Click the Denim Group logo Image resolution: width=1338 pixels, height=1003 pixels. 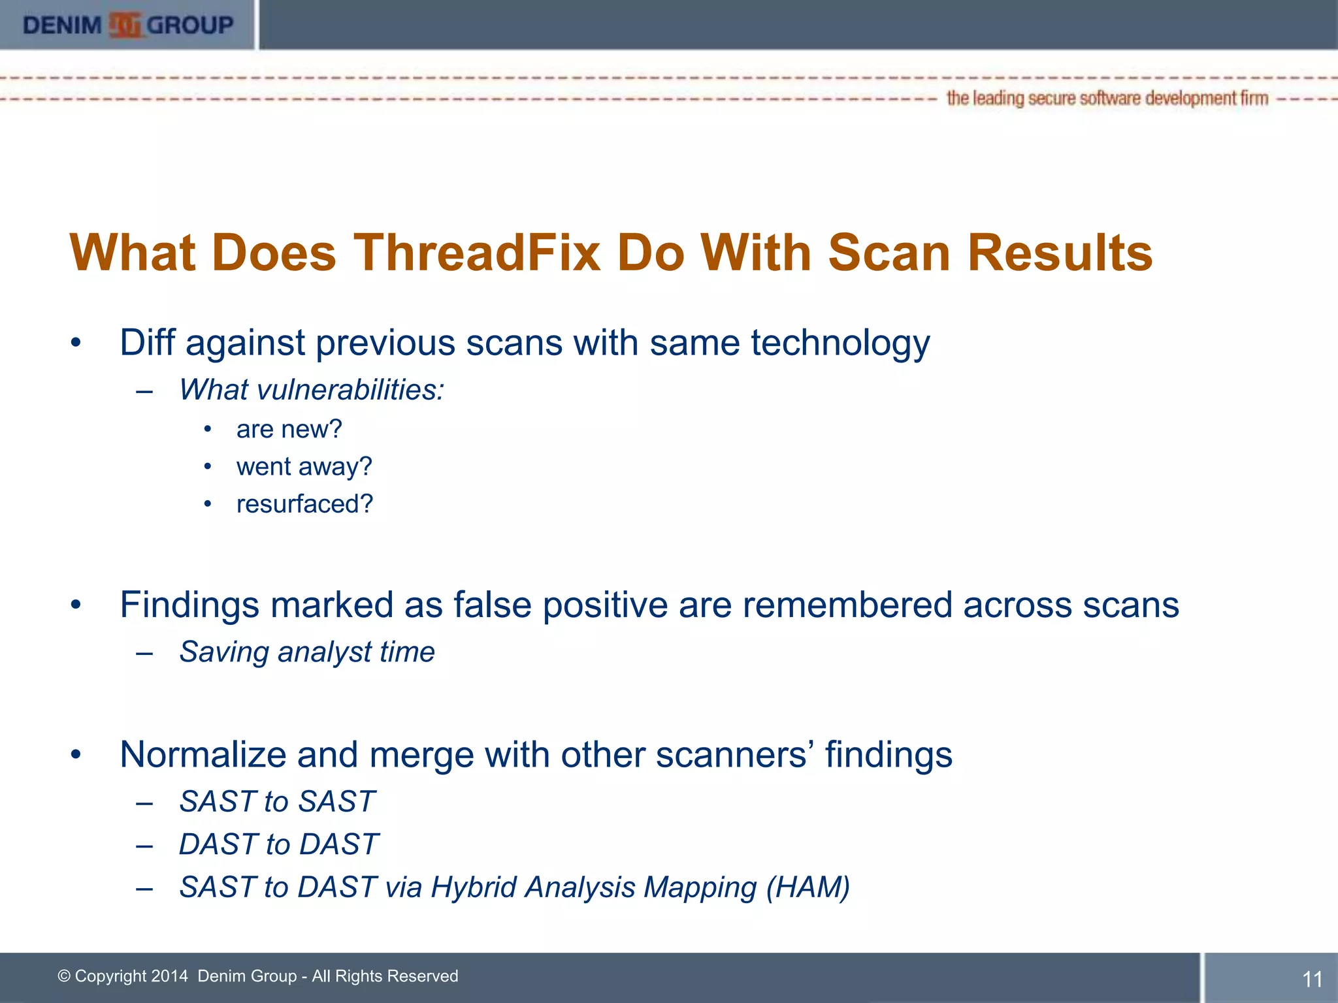(x=128, y=25)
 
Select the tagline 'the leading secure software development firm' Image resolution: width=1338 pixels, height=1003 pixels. (x=1107, y=99)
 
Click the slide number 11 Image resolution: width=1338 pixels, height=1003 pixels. (x=1312, y=979)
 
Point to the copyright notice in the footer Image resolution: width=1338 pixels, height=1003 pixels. (x=258, y=976)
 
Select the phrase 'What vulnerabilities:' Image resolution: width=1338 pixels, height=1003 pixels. (x=312, y=390)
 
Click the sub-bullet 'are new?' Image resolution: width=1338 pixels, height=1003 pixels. (x=289, y=429)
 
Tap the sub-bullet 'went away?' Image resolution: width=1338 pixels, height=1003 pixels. (x=304, y=466)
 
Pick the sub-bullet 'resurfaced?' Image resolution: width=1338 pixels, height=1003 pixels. (x=304, y=503)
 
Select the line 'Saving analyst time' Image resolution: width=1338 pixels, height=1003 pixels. (x=307, y=652)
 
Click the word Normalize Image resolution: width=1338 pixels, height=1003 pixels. (x=203, y=754)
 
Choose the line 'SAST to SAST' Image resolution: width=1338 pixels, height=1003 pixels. (x=277, y=801)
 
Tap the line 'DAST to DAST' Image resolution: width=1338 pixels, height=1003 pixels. (x=278, y=844)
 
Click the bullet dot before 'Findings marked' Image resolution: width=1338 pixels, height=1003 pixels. (x=76, y=605)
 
